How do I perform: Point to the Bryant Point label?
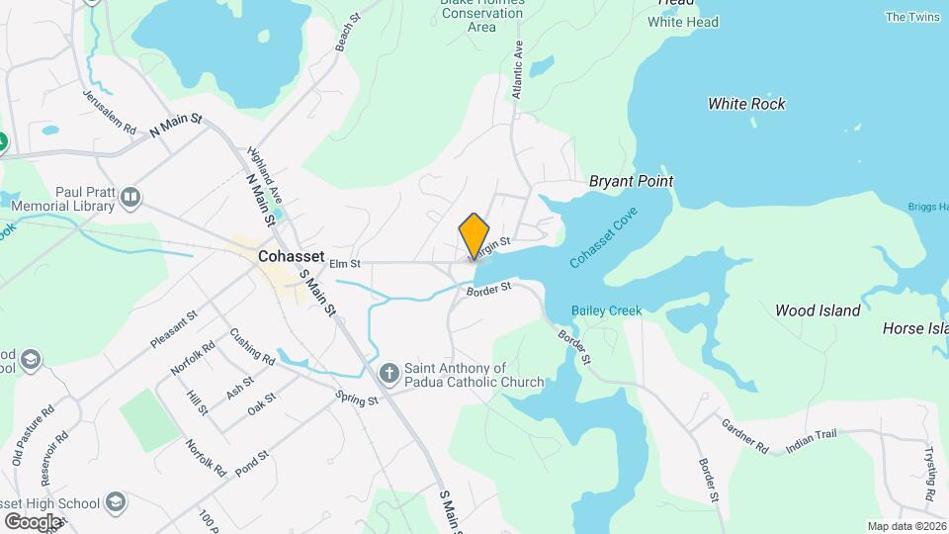(x=631, y=181)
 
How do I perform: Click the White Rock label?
(x=746, y=104)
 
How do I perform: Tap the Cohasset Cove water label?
(x=604, y=238)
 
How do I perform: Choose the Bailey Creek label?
(x=606, y=311)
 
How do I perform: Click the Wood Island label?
(x=818, y=311)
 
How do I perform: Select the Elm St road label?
(x=344, y=263)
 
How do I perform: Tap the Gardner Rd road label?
(x=745, y=438)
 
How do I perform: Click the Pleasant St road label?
(x=174, y=329)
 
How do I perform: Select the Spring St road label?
(x=357, y=400)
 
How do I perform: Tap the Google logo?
(x=33, y=521)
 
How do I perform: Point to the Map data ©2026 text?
(x=906, y=526)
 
